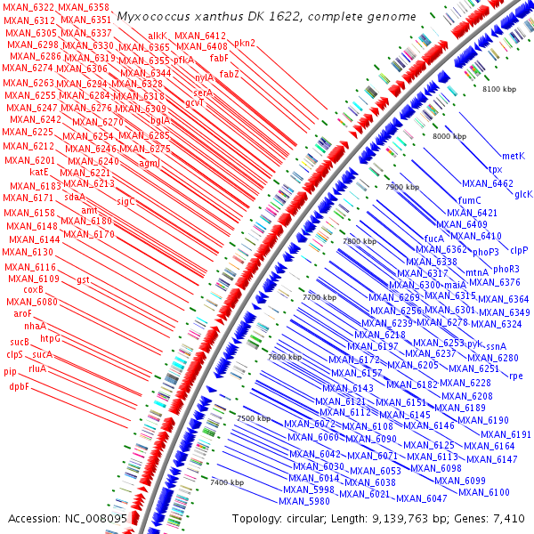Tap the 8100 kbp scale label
point(498,90)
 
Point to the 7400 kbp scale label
point(228,482)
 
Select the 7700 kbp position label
point(320,296)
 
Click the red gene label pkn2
point(245,43)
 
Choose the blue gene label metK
point(514,156)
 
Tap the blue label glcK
point(523,193)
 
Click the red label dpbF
point(20,386)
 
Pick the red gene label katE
point(38,172)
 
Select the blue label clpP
point(520,250)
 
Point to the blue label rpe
point(516,376)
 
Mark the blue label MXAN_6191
point(509,434)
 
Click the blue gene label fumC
point(469,200)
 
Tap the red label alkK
point(158,36)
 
